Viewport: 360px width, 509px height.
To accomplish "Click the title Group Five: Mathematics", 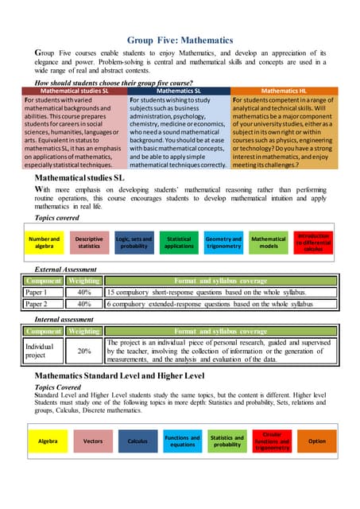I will coord(180,40).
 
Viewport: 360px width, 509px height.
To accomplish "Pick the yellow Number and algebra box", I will coord(44,243).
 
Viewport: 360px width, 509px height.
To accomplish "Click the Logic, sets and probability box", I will coord(134,243).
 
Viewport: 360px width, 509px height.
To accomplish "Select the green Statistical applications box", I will coord(180,243).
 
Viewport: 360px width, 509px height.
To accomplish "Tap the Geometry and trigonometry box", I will coord(223,243).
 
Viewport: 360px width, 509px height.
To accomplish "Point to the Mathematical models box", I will coord(269,243).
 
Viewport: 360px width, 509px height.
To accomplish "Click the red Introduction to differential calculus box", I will coord(314,243).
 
